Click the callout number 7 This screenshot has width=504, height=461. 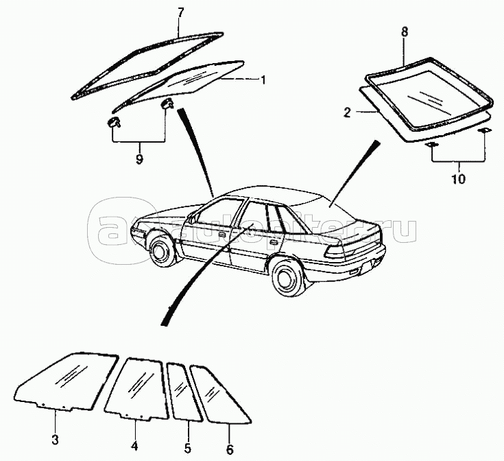180,12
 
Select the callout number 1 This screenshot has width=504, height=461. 262,80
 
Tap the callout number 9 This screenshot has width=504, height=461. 139,159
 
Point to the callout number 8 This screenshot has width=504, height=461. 404,32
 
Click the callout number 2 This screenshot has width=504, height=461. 347,111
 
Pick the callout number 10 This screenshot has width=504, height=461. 458,180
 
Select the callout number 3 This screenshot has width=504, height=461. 56,440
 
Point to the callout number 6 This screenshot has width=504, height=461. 230,450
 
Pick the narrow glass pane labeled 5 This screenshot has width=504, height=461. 182,391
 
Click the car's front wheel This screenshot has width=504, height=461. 161,249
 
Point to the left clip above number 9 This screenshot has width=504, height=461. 113,123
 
